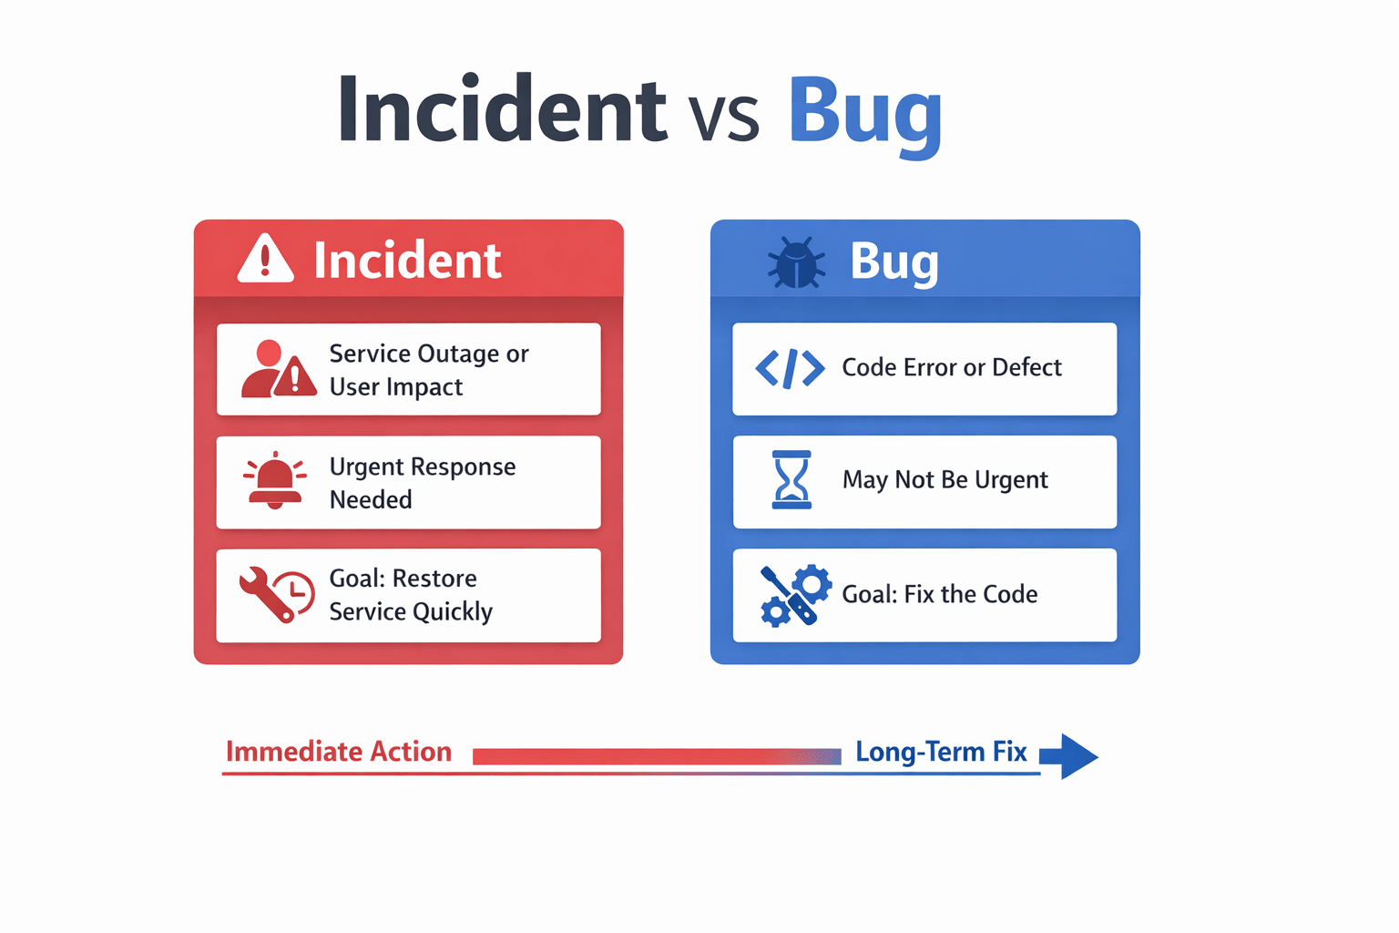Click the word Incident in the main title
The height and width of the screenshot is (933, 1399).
pos(503,108)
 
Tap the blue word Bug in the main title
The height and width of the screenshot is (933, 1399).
pos(865,116)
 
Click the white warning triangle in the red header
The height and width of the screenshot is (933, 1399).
pos(265,258)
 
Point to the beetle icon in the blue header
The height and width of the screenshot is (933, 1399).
pos(796,262)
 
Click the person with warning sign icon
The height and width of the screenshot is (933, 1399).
pos(279,369)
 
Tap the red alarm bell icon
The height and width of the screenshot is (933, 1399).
pos(275,480)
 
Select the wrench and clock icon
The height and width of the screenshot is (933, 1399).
pos(277,594)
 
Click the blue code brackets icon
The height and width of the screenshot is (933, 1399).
pos(790,369)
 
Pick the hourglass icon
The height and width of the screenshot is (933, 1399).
pos(791,479)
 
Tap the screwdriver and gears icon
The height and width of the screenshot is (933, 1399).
pos(796,595)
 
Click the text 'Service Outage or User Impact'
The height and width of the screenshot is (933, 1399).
pos(429,370)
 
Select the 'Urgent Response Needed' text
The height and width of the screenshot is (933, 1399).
pos(423,482)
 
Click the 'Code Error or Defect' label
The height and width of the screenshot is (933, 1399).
pos(952,367)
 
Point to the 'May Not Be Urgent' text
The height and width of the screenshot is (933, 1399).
pos(945,480)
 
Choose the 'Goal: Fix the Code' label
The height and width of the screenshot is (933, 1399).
pos(940,594)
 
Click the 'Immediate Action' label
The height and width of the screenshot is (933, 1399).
pos(339,751)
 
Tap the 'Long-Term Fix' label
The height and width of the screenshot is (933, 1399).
pos(941,752)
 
